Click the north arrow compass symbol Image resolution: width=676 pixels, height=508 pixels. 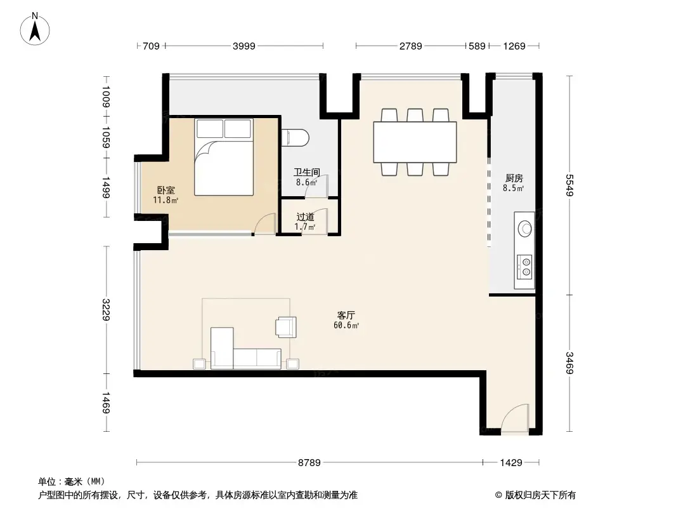point(35,29)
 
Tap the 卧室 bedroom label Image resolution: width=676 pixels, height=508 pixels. point(166,190)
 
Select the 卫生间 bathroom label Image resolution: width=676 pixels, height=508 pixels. point(307,172)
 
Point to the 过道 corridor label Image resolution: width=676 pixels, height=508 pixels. point(305,217)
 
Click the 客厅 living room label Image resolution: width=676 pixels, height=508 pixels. point(346,315)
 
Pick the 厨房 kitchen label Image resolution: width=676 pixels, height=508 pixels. point(514,178)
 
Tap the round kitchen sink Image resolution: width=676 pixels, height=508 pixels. point(524,229)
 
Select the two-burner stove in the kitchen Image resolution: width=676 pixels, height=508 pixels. point(524,266)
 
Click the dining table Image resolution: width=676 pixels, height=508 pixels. point(415,142)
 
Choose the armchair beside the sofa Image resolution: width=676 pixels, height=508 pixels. point(286,327)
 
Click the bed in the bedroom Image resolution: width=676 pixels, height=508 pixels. point(224,157)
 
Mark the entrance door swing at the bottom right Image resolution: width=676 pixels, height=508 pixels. point(515,418)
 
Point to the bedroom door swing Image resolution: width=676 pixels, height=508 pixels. point(264,224)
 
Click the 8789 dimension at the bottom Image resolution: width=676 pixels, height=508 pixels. point(309,463)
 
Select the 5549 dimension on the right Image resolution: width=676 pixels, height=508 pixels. point(570,185)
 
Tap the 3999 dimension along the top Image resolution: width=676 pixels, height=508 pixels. point(244,46)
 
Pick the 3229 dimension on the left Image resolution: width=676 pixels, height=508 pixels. point(106,309)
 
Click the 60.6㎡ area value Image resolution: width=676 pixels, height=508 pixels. point(346,325)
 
